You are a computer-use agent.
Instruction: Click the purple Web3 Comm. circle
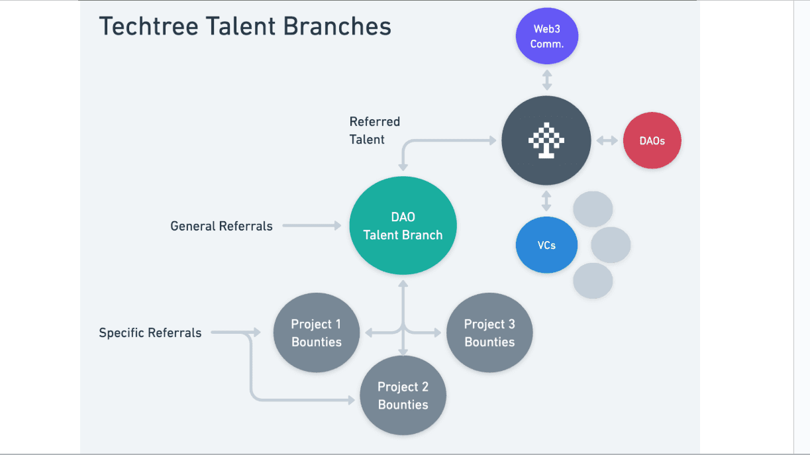(546, 36)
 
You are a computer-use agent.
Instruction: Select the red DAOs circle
(652, 140)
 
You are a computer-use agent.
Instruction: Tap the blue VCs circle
(546, 245)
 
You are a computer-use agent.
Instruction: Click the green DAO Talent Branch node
(403, 226)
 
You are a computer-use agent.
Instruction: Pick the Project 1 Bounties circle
(317, 333)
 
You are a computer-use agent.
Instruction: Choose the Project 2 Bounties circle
(403, 395)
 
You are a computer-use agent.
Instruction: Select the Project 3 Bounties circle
(489, 333)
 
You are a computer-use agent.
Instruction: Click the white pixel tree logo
(546, 141)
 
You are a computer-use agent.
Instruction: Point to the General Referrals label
(221, 227)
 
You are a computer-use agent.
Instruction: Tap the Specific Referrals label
(150, 333)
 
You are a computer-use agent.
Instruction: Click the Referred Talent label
(374, 130)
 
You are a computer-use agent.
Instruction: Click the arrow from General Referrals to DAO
(311, 227)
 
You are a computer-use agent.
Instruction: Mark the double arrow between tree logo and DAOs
(607, 141)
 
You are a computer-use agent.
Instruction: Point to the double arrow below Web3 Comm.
(546, 80)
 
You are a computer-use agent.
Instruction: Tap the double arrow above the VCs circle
(546, 200)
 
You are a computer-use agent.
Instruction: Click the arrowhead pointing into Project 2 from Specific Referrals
(351, 400)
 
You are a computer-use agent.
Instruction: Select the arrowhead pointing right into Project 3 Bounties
(438, 332)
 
